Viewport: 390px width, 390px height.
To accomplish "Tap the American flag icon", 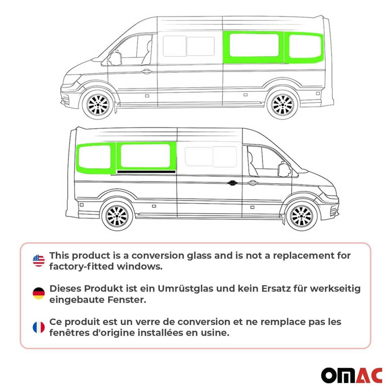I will pyautogui.click(x=39, y=261).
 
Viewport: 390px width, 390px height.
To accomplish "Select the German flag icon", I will pyautogui.click(x=39, y=294).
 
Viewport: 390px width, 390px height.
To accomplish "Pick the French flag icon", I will pyautogui.click(x=39, y=327).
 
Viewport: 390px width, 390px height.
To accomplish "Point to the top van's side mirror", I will pyautogui.click(x=114, y=58).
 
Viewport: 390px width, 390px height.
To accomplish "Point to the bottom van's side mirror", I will pyautogui.click(x=283, y=169).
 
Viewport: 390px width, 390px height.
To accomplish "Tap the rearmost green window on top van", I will pyautogui.click(x=305, y=47).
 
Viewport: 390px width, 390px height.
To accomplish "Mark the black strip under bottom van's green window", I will pyautogui.click(x=146, y=171).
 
